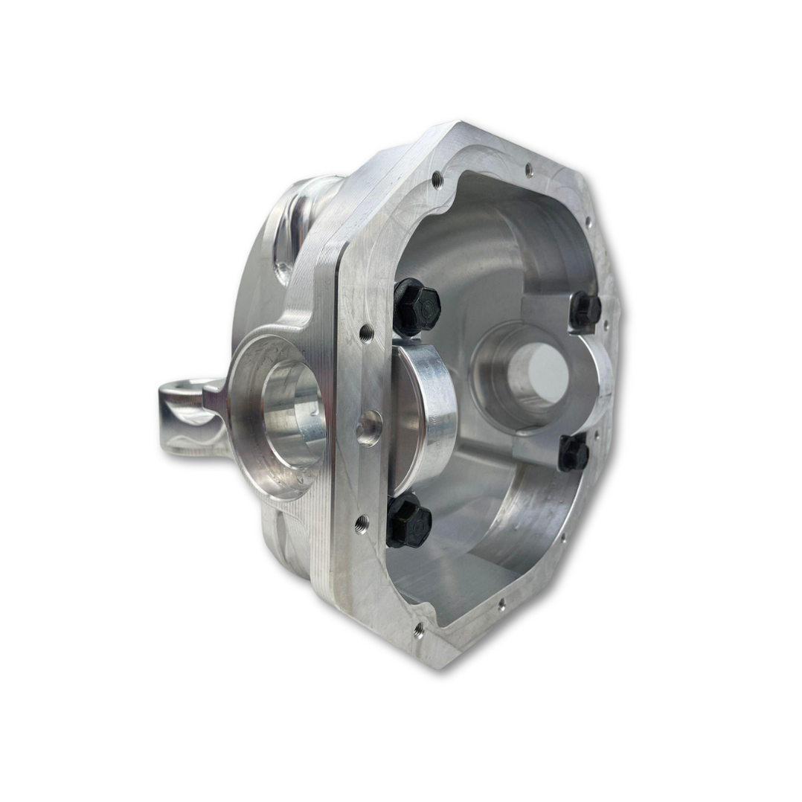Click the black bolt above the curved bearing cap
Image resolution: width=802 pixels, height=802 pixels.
click(416, 307)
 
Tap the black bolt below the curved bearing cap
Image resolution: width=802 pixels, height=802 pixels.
click(408, 521)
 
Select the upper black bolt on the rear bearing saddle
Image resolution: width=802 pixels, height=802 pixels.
click(586, 310)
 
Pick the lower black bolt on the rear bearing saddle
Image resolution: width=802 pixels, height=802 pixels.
click(574, 452)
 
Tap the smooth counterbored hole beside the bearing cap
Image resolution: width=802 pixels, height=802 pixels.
click(368, 429)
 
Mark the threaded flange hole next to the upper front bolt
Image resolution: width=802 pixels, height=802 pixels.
click(366, 333)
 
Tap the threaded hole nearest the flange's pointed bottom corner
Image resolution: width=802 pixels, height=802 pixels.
click(419, 630)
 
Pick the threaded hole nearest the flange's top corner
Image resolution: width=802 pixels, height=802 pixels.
click(437, 179)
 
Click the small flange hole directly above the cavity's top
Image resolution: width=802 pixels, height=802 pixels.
click(529, 170)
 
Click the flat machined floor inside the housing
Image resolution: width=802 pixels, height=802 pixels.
click(454, 573)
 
